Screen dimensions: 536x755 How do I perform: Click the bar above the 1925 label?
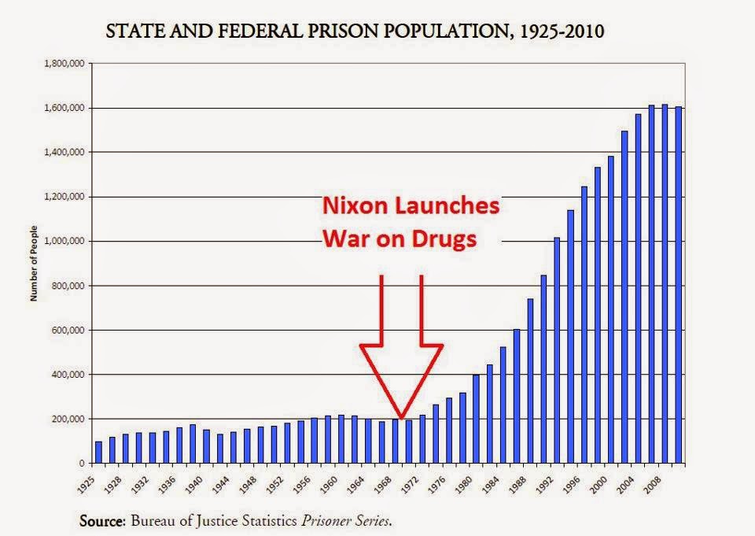point(98,452)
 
